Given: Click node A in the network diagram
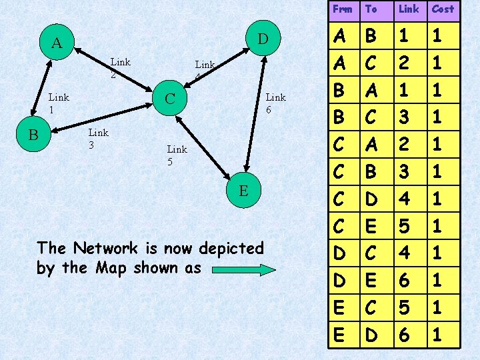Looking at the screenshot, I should (57, 43).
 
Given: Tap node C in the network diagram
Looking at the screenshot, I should (169, 99).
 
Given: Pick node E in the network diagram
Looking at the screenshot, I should (244, 191).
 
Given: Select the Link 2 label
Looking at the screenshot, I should (120, 68).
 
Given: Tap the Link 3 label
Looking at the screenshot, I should (99, 138).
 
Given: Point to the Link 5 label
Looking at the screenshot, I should (177, 155).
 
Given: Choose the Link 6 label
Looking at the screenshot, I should (275, 103).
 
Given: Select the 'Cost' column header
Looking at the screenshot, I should (443, 9).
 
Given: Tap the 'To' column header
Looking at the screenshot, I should (371, 9).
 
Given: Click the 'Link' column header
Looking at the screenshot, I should (409, 9).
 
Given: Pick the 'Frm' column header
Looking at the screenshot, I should (342, 9).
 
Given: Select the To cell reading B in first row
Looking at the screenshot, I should (371, 34).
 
